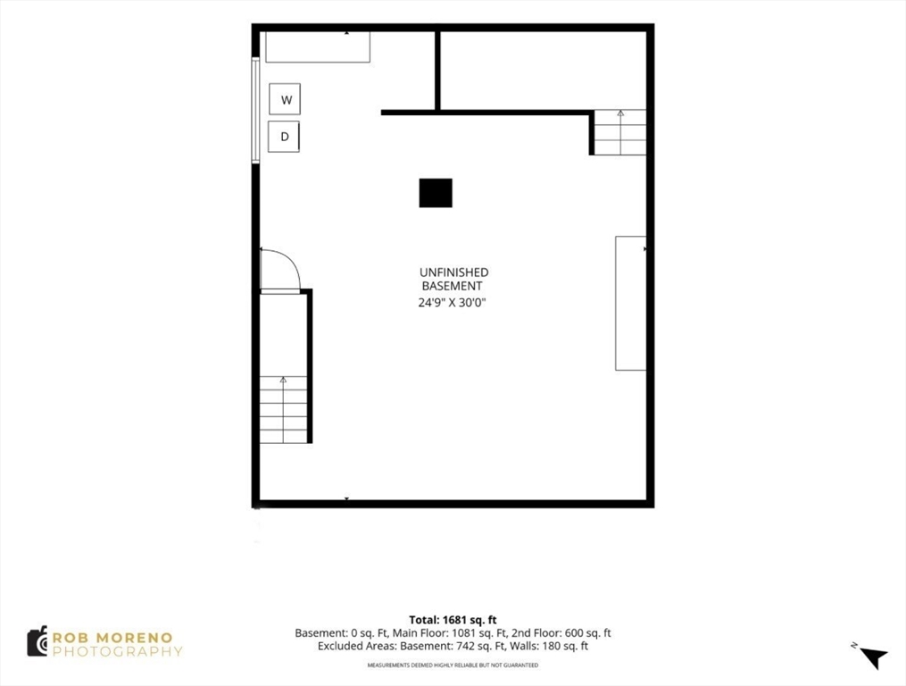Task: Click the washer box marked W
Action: click(285, 99)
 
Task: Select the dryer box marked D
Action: click(284, 137)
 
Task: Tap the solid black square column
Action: click(436, 193)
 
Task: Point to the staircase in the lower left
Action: click(283, 409)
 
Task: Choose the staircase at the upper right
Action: click(620, 132)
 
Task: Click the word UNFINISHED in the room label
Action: click(454, 272)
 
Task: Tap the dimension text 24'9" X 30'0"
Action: click(453, 302)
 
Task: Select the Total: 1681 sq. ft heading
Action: click(453, 620)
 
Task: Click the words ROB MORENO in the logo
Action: click(112, 638)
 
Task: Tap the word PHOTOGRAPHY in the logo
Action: click(117, 652)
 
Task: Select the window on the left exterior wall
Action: click(254, 109)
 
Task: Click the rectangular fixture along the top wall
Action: click(318, 46)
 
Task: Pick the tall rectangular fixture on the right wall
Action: click(630, 303)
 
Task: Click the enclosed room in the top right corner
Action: click(543, 71)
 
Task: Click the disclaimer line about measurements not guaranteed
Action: click(453, 665)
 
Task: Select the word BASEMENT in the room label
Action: click(452, 287)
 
